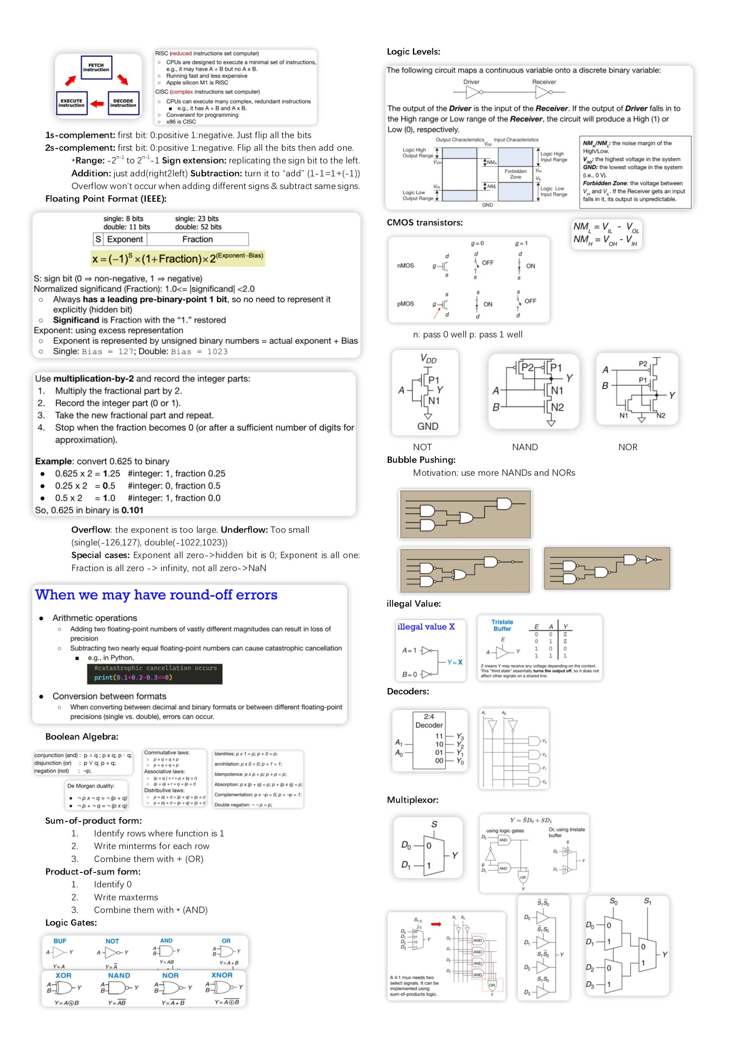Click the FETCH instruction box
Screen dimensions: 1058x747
[96, 67]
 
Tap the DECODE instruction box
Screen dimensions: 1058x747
[123, 103]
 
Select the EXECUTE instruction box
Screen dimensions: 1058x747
[71, 103]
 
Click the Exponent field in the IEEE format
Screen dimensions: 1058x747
[124, 239]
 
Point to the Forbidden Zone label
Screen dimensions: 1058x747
[515, 174]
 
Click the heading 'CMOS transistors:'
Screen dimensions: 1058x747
[424, 223]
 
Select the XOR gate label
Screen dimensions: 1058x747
[64, 975]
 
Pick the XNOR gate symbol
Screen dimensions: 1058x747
[224, 987]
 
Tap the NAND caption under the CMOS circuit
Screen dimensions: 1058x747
[524, 447]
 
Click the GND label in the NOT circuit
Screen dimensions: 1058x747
[427, 426]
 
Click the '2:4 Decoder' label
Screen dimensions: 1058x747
[429, 721]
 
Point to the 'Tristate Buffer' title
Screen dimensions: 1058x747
[502, 625]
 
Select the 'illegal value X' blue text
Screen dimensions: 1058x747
[426, 627]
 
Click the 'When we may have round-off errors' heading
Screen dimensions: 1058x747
[156, 595]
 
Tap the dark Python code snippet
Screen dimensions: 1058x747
[155, 673]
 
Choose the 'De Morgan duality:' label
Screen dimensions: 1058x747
[91, 786]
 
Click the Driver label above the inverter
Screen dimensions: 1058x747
[471, 82]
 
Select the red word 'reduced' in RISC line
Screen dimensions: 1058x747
[181, 53]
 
